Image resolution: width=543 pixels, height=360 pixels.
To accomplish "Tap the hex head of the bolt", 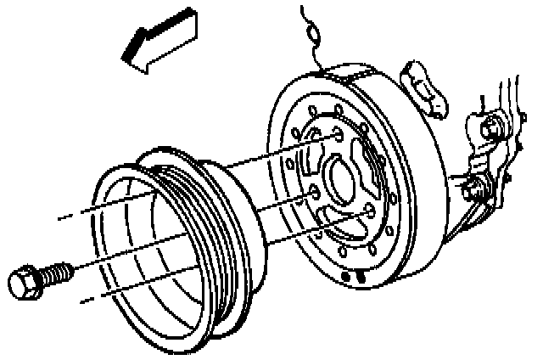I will [x=25, y=282].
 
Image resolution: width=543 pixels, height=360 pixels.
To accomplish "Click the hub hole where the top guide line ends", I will [x=338, y=135].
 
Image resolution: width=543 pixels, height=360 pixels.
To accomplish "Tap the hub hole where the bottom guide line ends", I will [x=368, y=211].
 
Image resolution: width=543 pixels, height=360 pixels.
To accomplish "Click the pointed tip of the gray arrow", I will [x=125, y=58].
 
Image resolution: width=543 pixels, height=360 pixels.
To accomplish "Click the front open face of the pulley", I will [x=136, y=255].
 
